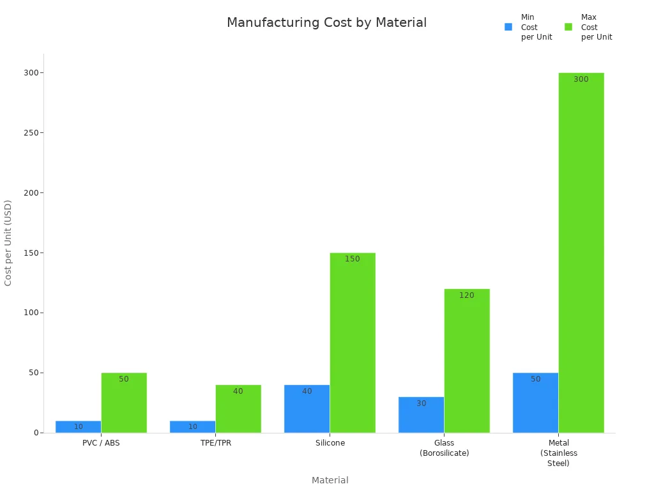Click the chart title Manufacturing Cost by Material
pos(326,23)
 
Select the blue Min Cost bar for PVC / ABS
pos(78,426)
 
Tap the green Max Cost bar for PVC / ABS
pos(124,403)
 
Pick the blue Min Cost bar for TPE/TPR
pos(192,426)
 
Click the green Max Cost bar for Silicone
pos(353,343)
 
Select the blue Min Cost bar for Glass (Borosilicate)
pos(421,415)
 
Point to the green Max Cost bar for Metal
pos(581,253)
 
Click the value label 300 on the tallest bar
pos(581,79)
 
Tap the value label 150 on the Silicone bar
pos(353,259)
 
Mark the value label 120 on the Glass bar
pos(467,295)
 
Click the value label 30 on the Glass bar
pos(422,403)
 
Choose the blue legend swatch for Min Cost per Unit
pos(508,27)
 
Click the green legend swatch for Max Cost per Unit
pos(568,27)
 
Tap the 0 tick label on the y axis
pos(36,433)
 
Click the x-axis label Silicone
pos(330,443)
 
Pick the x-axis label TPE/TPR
pos(216,443)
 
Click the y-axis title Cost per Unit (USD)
pos(8,243)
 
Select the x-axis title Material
pos(330,480)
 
